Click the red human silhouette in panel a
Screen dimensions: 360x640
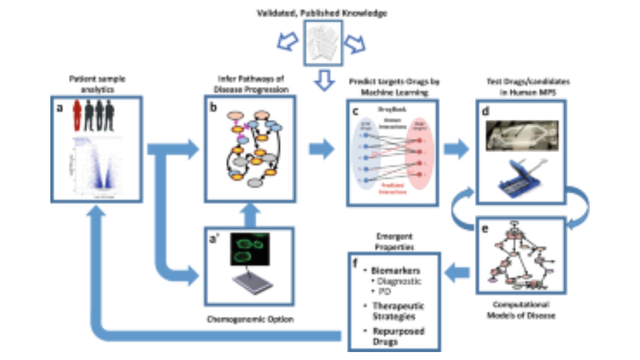pyautogui.click(x=77, y=116)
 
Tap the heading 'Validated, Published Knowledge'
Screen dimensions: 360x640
pyautogui.click(x=322, y=13)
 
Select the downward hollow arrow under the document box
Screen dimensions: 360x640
pyautogui.click(x=324, y=80)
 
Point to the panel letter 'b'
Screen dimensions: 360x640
pyautogui.click(x=213, y=107)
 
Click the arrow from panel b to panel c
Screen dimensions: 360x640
pyautogui.click(x=321, y=149)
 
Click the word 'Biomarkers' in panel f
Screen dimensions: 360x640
pyautogui.click(x=396, y=271)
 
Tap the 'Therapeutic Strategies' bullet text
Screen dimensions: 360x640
pyautogui.click(x=398, y=311)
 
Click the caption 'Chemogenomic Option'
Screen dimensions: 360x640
pyautogui.click(x=250, y=319)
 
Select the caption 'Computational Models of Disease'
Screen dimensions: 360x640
pyautogui.click(x=521, y=310)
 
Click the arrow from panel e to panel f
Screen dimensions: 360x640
pyautogui.click(x=457, y=273)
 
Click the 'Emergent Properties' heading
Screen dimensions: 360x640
pyautogui.click(x=394, y=242)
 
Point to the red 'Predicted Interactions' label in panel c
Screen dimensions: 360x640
pyautogui.click(x=392, y=189)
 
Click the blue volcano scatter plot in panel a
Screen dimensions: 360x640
pyautogui.click(x=97, y=167)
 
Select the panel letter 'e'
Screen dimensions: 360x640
pyautogui.click(x=485, y=229)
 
